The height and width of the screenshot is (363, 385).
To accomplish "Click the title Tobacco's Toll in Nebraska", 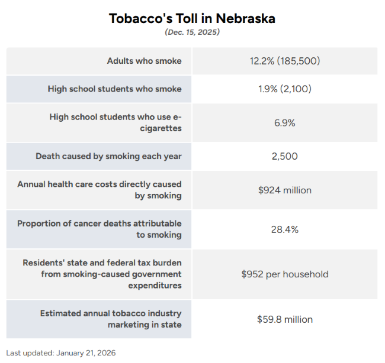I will [x=192, y=18].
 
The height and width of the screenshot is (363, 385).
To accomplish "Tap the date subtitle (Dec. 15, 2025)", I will [x=192, y=33].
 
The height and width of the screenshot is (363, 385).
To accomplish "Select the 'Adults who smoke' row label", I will [x=144, y=61].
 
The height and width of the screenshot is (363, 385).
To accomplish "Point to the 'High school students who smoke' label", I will [x=114, y=89].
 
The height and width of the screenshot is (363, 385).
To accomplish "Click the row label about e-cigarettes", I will [x=115, y=122].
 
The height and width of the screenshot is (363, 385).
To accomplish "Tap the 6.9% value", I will [x=284, y=123].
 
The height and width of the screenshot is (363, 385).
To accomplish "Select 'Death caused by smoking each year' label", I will [x=108, y=157].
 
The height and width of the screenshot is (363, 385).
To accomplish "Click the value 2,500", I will [x=284, y=157].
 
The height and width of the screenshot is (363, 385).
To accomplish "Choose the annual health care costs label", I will [x=100, y=190].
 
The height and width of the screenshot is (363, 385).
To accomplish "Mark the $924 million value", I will [x=284, y=190].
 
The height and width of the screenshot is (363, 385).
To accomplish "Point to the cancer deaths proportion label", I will [x=100, y=229].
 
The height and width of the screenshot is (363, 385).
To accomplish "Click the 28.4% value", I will [x=284, y=229].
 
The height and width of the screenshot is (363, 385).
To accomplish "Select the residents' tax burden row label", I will [x=102, y=274].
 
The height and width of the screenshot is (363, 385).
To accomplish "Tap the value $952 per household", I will [x=284, y=274].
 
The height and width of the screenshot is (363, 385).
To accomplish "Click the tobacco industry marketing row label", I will [x=111, y=319].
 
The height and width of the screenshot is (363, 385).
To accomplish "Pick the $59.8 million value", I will [x=284, y=319].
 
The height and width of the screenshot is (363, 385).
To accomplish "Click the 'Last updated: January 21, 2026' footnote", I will [x=61, y=353].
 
